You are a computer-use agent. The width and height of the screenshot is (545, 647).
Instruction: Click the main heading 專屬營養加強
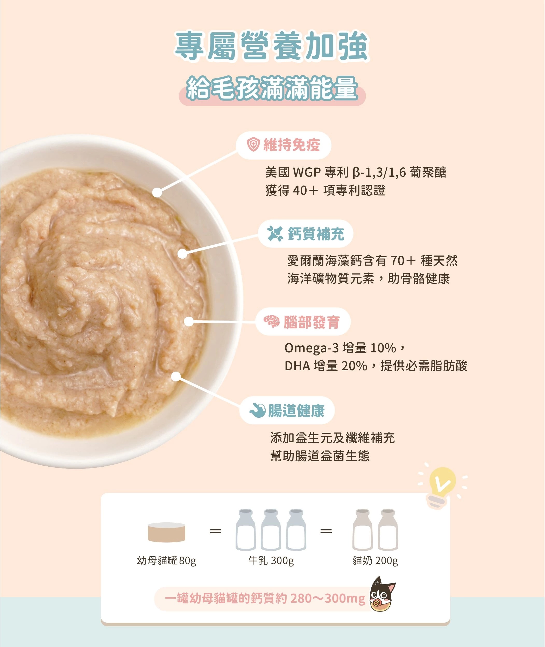pyautogui.click(x=272, y=46)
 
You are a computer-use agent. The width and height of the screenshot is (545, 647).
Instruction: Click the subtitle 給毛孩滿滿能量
pyautogui.click(x=272, y=89)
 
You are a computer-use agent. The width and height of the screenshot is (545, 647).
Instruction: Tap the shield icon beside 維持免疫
pyautogui.click(x=253, y=145)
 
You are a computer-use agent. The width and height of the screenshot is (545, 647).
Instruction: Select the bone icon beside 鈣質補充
pyautogui.click(x=275, y=233)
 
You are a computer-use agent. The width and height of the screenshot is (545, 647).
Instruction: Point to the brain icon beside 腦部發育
pyautogui.click(x=272, y=322)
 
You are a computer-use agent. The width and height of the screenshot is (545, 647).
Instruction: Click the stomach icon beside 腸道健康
pyautogui.click(x=258, y=410)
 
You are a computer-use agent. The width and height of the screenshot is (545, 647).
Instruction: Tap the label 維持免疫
pyautogui.click(x=291, y=145)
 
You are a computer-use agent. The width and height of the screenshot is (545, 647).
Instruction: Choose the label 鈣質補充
pyautogui.click(x=316, y=233)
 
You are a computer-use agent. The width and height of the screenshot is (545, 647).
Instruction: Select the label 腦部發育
pyautogui.click(x=312, y=322)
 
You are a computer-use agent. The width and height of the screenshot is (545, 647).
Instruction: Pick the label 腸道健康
pyautogui.click(x=296, y=410)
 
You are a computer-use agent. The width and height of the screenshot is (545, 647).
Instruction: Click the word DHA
pyautogui.click(x=297, y=366)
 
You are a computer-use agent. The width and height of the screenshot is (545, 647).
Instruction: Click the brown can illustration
pyautogui.click(x=167, y=532)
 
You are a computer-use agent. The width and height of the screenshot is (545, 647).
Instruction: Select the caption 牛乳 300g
pyautogui.click(x=271, y=560)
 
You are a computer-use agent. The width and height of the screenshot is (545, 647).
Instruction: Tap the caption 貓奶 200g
pyautogui.click(x=375, y=560)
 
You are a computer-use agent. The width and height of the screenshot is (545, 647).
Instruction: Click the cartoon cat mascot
pyautogui.click(x=383, y=594)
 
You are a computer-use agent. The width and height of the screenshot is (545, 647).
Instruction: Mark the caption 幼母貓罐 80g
pyautogui.click(x=167, y=560)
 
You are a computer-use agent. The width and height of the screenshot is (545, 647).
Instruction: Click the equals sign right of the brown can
pyautogui.click(x=216, y=531)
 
